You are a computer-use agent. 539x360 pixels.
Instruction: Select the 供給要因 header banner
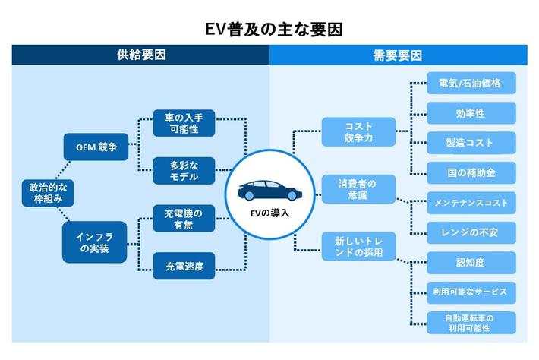[141, 55]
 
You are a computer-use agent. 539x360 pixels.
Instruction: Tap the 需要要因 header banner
[398, 55]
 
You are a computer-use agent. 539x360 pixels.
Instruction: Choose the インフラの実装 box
[94, 242]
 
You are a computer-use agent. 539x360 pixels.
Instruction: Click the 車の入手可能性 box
[184, 124]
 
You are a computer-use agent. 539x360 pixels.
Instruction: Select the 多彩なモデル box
[184, 170]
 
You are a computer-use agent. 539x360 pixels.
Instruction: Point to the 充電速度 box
[184, 266]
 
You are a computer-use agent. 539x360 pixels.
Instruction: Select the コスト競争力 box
[358, 131]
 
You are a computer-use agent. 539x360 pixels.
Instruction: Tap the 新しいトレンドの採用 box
[358, 246]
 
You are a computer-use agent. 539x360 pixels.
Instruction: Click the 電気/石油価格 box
[471, 83]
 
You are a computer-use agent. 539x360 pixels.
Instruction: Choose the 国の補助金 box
[471, 172]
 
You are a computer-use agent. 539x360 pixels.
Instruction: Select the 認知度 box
[471, 262]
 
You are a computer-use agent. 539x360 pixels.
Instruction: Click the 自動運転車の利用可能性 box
[471, 322]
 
